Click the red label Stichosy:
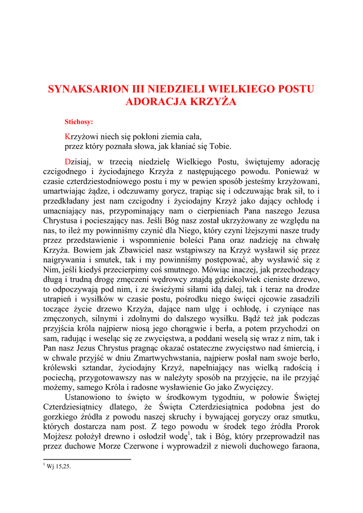tap(79, 121)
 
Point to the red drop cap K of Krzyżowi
tap(68, 136)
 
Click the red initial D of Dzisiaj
tap(68, 162)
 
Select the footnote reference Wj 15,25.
tap(59, 466)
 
